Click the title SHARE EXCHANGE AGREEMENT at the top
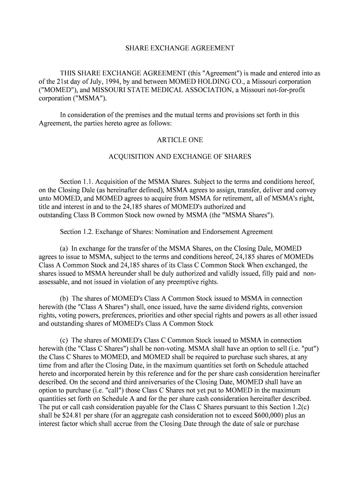click(x=180, y=48)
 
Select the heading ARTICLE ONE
click(x=180, y=140)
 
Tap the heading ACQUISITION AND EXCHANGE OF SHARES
click(x=180, y=157)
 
